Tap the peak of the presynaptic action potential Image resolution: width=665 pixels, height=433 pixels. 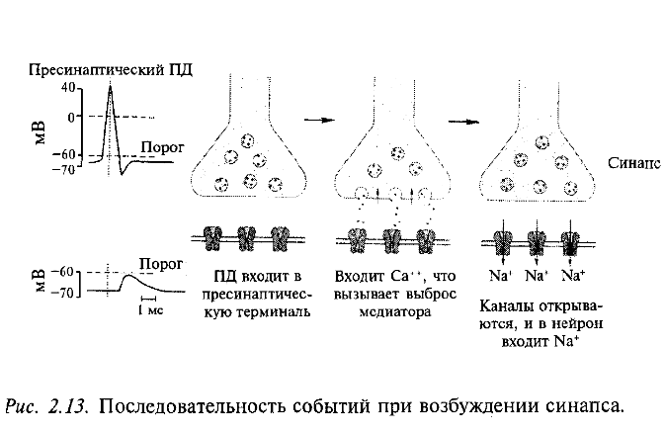pos(111,85)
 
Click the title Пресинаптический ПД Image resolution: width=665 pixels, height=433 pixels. pos(111,69)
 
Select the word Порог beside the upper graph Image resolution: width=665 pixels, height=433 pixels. pos(160,144)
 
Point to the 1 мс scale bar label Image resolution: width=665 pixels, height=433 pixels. pos(149,309)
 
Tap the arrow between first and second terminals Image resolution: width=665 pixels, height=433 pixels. pos(315,120)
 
